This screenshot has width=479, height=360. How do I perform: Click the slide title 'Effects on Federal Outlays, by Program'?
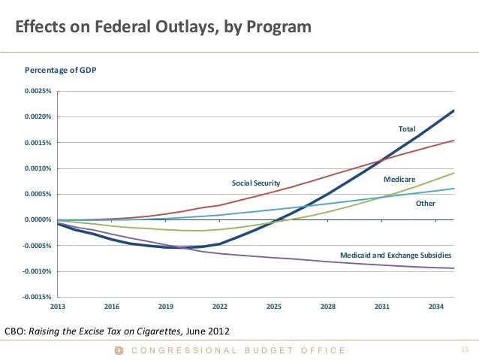[163, 28]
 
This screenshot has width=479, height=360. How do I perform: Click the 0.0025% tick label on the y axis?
[37, 92]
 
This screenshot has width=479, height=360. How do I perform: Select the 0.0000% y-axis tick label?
[37, 219]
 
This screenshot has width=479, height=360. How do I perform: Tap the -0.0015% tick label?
[36, 297]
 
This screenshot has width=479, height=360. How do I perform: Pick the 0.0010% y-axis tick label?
[37, 168]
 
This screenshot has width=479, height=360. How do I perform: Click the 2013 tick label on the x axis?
[58, 307]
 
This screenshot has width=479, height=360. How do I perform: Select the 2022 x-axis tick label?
[220, 307]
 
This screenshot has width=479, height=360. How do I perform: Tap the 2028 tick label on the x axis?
[328, 307]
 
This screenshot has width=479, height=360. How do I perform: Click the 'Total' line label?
[407, 129]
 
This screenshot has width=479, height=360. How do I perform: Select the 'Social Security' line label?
[255, 183]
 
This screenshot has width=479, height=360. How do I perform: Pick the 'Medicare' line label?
[399, 180]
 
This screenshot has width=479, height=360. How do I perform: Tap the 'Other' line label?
[426, 203]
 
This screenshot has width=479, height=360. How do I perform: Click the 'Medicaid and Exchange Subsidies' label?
[396, 256]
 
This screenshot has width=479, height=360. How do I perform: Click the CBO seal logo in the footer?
[118, 350]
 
